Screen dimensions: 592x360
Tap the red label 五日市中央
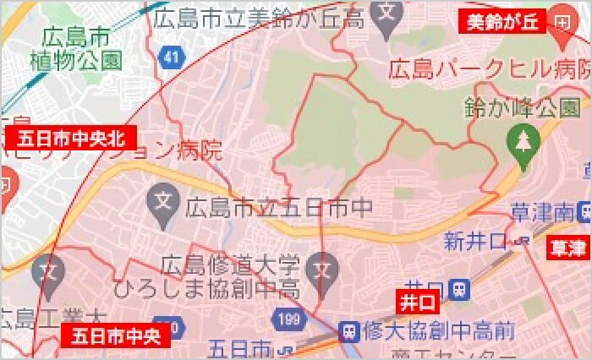[x=116, y=336]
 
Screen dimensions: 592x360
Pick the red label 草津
[x=568, y=248]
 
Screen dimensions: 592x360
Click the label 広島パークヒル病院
[x=489, y=69]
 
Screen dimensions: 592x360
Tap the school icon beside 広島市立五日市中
[x=161, y=201]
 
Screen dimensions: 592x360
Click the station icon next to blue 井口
[x=458, y=289]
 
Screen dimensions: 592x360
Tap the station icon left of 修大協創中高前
[x=348, y=331]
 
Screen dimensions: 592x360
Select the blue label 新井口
[x=474, y=242]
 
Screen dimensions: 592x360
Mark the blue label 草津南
[x=543, y=211]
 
